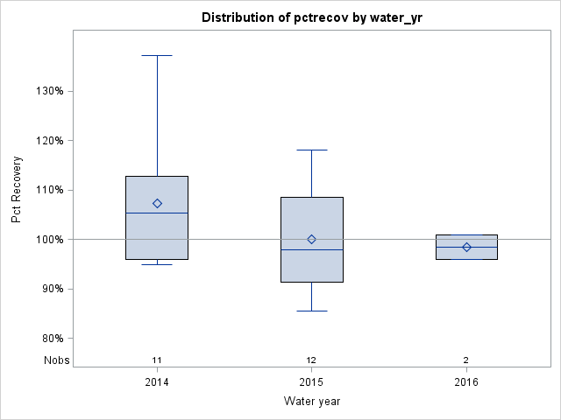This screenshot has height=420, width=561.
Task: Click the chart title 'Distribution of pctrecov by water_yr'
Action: coord(311,17)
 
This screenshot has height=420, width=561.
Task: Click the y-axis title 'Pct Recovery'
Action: coord(18,190)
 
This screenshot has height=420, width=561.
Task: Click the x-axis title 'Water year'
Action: coord(311,401)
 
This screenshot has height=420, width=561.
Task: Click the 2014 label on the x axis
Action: coord(157,381)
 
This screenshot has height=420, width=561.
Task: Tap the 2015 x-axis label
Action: coord(311,381)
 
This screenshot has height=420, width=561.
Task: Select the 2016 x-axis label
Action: coord(466,381)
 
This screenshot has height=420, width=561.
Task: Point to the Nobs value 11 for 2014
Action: coord(157,360)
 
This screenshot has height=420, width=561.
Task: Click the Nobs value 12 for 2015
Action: coord(311,360)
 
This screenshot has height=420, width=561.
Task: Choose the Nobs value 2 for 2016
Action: coord(466,360)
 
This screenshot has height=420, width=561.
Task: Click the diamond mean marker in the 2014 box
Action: coord(157,203)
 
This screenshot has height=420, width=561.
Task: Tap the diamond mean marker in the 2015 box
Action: coord(311,239)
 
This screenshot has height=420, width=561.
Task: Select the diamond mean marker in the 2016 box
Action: coord(466,247)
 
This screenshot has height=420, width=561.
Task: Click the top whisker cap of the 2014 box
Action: coord(157,55)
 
